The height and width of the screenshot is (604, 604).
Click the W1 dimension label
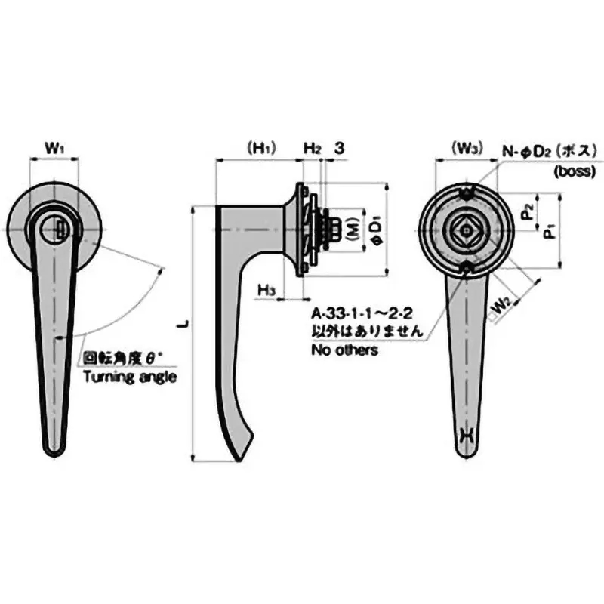click(x=53, y=149)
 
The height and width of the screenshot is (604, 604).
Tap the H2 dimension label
click(x=313, y=149)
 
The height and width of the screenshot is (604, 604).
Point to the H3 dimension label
click(x=265, y=289)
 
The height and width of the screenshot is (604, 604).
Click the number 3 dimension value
click(x=340, y=149)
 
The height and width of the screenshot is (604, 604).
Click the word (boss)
click(x=577, y=171)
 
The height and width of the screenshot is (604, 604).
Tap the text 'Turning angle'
click(x=129, y=377)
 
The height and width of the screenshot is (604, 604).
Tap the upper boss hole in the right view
click(x=469, y=193)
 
